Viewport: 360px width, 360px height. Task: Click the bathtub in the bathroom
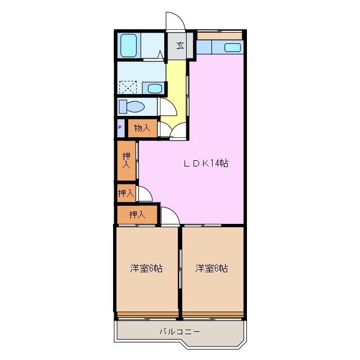pyautogui.click(x=129, y=45)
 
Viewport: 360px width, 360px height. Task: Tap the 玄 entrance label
pyautogui.click(x=180, y=46)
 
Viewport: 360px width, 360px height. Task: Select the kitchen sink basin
pyautogui.click(x=233, y=47)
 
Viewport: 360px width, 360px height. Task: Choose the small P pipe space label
pyautogui.click(x=120, y=128)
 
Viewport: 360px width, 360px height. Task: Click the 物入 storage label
pyautogui.click(x=142, y=128)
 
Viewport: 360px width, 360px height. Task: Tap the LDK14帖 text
pyautogui.click(x=206, y=164)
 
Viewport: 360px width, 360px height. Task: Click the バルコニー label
pyautogui.click(x=179, y=331)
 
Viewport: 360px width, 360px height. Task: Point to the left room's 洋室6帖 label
pyautogui.click(x=146, y=268)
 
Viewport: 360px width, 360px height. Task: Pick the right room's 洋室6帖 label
pyautogui.click(x=211, y=268)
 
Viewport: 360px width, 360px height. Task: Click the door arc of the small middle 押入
pyautogui.click(x=144, y=195)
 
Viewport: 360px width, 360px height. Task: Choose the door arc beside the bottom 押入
pyautogui.click(x=169, y=215)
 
